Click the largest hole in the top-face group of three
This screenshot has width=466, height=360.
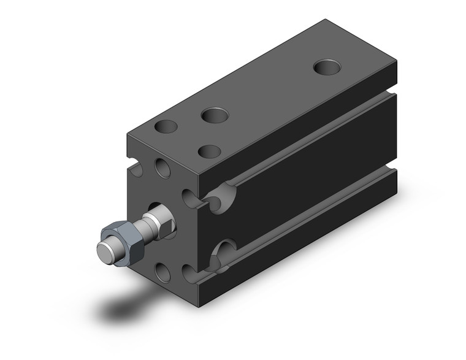(214, 114)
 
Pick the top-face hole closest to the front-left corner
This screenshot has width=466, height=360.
(166, 128)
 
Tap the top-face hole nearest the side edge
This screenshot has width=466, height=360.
(210, 150)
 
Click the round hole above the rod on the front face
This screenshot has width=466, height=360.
(162, 167)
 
